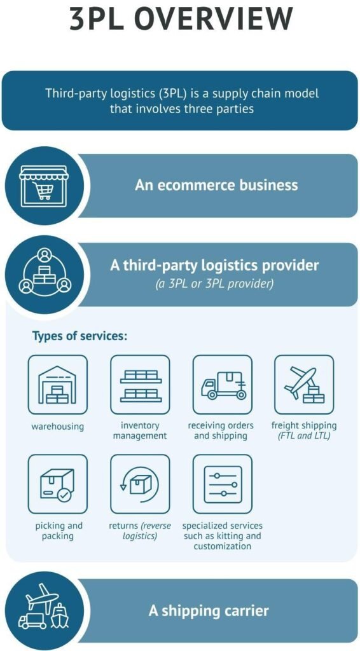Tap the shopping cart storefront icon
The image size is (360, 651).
(x=43, y=186)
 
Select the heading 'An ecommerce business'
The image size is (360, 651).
(x=216, y=185)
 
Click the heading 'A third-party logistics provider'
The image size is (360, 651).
(x=214, y=265)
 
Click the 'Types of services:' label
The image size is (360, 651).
(x=80, y=336)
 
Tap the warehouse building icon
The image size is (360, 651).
(x=58, y=385)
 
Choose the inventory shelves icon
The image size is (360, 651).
(x=141, y=385)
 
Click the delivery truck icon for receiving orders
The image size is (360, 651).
(x=223, y=385)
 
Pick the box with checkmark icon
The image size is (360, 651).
(x=58, y=484)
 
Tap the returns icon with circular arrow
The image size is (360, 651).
(x=141, y=484)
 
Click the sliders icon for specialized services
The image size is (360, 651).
(x=223, y=484)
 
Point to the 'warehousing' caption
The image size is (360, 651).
(x=58, y=427)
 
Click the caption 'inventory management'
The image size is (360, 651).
(x=140, y=431)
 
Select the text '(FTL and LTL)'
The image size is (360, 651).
(x=305, y=436)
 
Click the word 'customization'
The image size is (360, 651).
(x=223, y=545)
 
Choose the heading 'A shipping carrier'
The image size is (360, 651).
(x=209, y=611)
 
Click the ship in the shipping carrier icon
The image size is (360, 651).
(x=60, y=616)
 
